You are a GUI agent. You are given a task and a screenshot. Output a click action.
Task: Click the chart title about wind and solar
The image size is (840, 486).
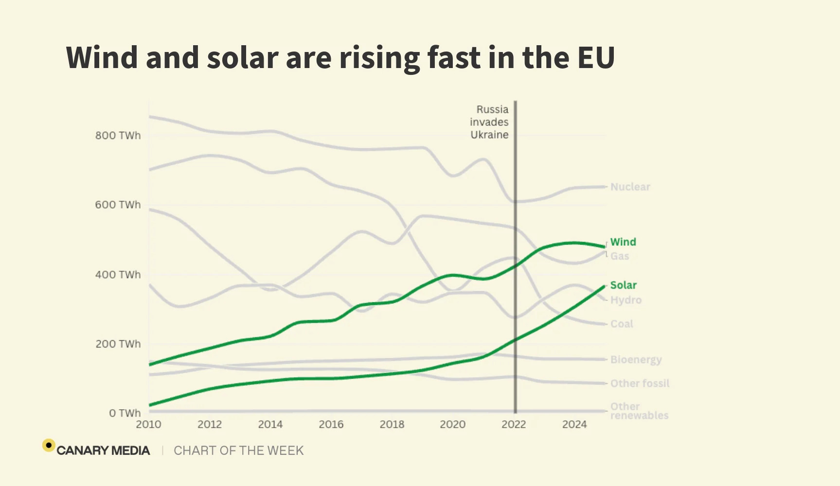tap(340, 57)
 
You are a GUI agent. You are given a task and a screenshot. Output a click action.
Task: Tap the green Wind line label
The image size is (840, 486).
tap(623, 242)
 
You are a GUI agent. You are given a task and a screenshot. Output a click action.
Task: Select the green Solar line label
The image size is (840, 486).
tap(623, 285)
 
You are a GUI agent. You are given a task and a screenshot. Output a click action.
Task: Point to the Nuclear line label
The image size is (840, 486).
tap(630, 187)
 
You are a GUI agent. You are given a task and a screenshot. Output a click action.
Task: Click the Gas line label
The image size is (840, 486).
tap(620, 256)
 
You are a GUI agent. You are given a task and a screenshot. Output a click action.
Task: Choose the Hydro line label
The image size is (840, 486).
tap(626, 300)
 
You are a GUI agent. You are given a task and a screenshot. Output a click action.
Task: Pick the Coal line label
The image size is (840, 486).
tap(622, 324)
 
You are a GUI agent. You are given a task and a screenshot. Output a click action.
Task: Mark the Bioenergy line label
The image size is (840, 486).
tap(636, 360)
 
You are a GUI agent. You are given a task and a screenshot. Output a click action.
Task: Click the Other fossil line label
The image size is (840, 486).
tap(640, 383)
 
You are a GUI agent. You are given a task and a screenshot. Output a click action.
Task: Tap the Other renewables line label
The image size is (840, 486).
tap(639, 411)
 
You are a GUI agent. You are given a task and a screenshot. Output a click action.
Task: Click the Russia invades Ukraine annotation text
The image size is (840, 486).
tap(489, 122)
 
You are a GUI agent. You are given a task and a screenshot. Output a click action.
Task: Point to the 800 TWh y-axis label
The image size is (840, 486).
tap(118, 136)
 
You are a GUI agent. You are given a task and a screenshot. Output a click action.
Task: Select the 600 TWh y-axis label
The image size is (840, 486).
tap(118, 205)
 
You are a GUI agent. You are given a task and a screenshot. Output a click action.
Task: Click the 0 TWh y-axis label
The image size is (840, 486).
tap(125, 413)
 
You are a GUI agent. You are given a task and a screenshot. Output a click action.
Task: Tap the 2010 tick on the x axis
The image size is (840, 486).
tap(148, 425)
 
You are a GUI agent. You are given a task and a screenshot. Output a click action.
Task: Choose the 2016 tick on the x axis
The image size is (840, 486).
tap(331, 425)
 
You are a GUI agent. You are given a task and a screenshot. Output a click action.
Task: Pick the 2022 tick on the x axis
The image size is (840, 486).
tap(514, 425)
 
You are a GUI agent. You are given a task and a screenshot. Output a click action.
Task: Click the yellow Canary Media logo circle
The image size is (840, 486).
tap(49, 445)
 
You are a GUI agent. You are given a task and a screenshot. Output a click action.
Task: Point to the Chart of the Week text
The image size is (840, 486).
tap(238, 451)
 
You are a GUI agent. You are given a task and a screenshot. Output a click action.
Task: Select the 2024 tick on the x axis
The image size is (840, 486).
tap(574, 425)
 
